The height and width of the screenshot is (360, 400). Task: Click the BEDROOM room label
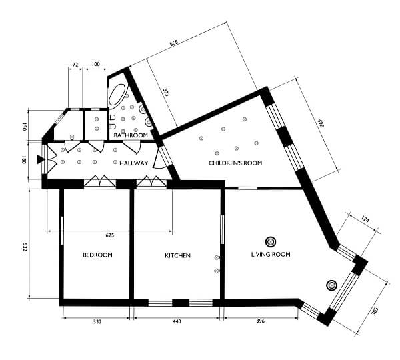(97, 255)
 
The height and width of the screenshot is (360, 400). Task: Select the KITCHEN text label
(178, 255)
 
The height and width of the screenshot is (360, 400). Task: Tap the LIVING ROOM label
(271, 255)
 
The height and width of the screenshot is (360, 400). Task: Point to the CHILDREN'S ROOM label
(235, 163)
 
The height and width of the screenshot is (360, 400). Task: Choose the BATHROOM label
(130, 135)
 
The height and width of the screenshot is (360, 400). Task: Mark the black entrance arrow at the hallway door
(39, 159)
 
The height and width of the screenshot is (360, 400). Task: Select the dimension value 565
(174, 43)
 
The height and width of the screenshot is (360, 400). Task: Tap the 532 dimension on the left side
(25, 246)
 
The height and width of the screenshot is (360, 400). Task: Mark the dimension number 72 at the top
(75, 64)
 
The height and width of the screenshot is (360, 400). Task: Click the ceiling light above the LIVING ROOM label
(271, 241)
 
